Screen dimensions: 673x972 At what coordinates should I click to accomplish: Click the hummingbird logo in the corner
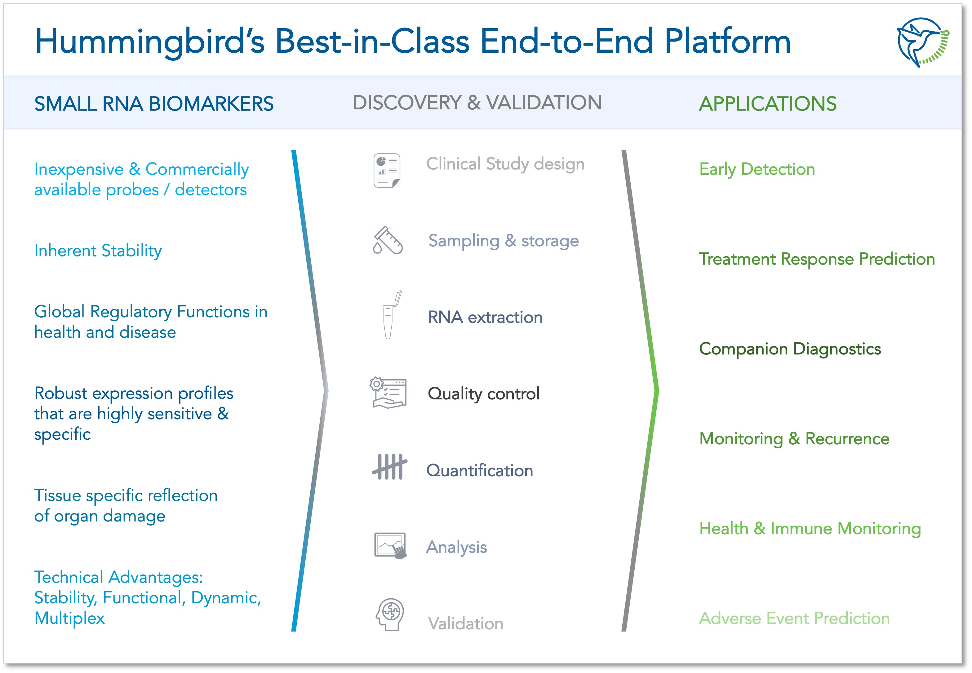tap(922, 42)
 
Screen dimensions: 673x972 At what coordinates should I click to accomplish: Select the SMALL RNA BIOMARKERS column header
tap(154, 104)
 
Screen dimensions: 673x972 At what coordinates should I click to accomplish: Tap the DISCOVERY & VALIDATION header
tap(477, 103)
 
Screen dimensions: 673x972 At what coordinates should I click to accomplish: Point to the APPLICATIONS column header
tap(767, 104)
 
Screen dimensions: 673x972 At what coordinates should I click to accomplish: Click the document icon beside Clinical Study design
tap(386, 170)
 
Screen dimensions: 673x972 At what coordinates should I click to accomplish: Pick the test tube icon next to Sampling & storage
tap(388, 240)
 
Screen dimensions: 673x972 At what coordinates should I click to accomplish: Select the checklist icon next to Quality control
tap(388, 393)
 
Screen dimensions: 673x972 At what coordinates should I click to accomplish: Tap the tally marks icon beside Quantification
tap(389, 467)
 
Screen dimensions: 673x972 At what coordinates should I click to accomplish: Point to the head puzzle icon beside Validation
tap(390, 614)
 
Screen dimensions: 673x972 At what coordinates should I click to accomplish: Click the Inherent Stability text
tap(98, 251)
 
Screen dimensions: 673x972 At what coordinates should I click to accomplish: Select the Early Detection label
tap(757, 169)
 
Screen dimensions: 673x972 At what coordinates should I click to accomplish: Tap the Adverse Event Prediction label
tap(794, 618)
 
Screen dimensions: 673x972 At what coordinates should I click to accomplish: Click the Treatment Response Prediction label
tap(817, 259)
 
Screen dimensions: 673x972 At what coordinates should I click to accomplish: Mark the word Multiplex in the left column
tap(70, 618)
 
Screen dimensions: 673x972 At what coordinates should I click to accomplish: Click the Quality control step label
tap(483, 394)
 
